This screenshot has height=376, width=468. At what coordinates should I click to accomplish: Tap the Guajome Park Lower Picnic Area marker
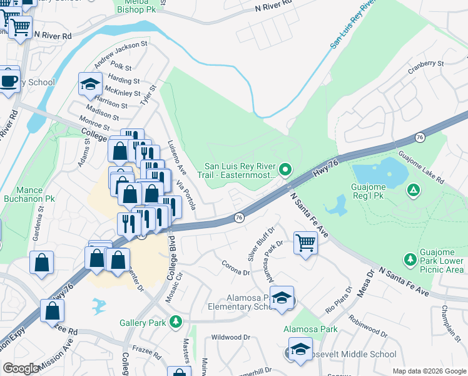(410, 259)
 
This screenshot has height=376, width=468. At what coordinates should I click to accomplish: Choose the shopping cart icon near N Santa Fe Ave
(305, 243)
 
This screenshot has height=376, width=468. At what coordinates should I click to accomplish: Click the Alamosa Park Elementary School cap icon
(282, 300)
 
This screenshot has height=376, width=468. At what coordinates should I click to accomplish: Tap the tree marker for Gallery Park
(176, 322)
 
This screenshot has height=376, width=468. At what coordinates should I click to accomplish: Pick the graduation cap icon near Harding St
(90, 85)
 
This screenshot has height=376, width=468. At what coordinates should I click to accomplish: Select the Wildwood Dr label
(230, 337)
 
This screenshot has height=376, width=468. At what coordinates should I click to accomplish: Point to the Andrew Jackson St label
(121, 56)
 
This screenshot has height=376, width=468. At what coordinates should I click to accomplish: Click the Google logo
(21, 368)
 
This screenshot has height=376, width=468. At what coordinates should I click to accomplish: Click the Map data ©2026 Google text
(429, 371)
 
